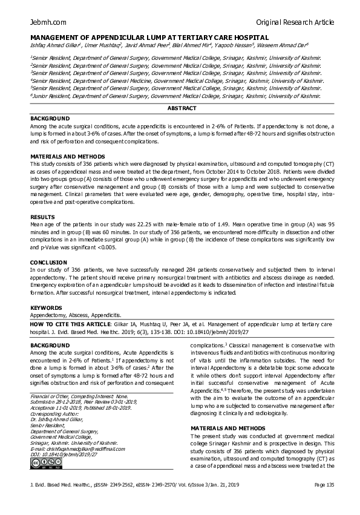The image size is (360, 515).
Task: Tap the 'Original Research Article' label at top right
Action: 295,22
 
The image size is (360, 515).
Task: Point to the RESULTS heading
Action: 42,217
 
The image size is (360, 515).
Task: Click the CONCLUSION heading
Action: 48,263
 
